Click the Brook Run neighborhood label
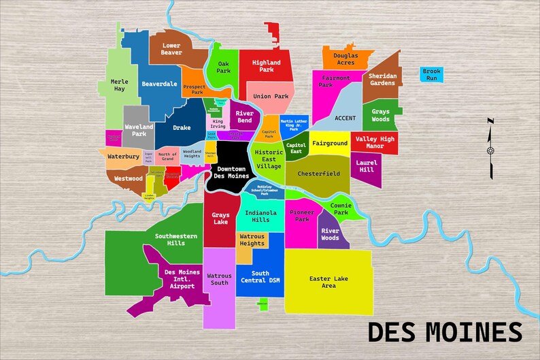(431, 74)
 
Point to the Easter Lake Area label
(328, 282)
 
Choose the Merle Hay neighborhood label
(119, 85)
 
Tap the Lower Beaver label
(171, 49)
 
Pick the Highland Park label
(266, 66)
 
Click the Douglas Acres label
(345, 59)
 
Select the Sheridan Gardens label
(382, 79)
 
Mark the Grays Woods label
(380, 115)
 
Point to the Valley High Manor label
(374, 142)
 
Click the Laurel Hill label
(366, 165)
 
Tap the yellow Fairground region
(330, 144)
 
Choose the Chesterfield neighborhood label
(318, 174)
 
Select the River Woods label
(330, 234)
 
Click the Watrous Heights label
(252, 240)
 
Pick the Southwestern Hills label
(175, 239)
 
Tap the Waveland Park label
(139, 129)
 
